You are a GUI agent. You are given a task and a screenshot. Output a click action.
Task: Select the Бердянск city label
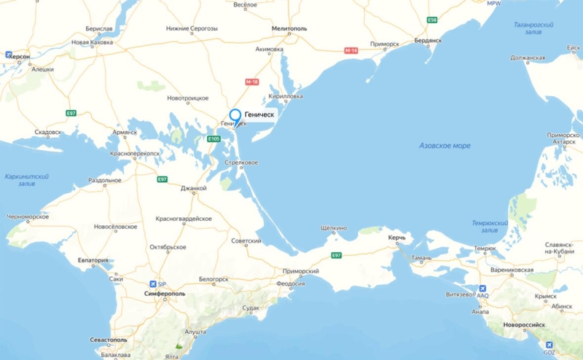pyautogui.click(x=429, y=41)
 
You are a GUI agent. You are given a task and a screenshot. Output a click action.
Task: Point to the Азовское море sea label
pyautogui.click(x=445, y=146)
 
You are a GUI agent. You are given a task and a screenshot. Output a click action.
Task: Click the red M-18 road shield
pyautogui.click(x=252, y=82)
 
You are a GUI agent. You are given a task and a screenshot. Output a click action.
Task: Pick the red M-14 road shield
pyautogui.click(x=351, y=50)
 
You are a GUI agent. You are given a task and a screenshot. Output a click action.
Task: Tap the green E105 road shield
pyautogui.click(x=214, y=138)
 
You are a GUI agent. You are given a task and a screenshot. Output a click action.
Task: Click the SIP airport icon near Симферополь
pyautogui.click(x=152, y=283)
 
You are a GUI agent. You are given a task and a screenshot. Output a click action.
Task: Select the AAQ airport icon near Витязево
pyautogui.click(x=482, y=288)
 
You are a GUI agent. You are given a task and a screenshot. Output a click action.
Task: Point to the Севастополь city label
pyautogui.click(x=107, y=340)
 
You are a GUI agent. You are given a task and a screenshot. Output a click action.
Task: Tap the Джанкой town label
pyautogui.click(x=194, y=188)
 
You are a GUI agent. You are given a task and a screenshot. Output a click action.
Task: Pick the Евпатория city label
pyautogui.click(x=93, y=260)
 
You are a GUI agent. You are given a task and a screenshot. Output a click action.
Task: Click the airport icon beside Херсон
pyautogui.click(x=8, y=55)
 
